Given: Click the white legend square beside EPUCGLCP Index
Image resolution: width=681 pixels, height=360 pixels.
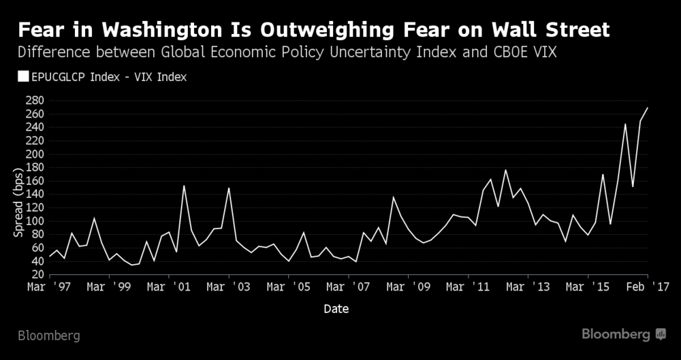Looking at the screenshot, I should point(22,77).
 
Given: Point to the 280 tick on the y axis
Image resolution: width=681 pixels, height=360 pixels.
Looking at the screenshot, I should point(35,101).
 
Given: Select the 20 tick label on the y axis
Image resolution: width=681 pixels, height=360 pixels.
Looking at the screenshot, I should point(37,274).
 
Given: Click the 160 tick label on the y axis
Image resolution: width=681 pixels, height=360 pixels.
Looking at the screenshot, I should point(35,181).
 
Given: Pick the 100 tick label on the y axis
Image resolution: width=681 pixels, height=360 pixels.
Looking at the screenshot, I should point(35,221).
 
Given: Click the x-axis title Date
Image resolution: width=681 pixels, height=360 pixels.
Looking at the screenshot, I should point(336,309).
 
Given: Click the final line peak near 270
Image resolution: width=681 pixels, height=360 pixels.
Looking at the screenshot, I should point(648,108).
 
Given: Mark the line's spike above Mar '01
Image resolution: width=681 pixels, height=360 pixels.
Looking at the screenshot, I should point(184,186).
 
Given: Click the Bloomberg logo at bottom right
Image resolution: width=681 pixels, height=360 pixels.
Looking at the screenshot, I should point(623,334).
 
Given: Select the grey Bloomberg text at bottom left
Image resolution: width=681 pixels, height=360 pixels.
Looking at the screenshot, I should point(48,336).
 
